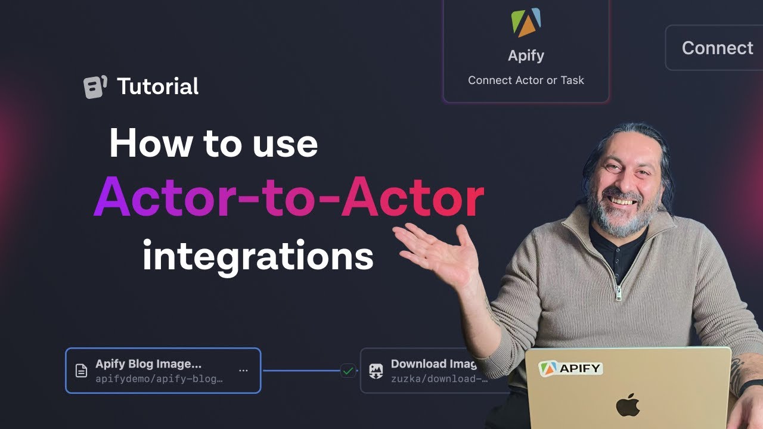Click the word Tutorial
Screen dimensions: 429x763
[x=158, y=87]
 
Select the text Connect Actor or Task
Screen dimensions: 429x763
[x=526, y=80]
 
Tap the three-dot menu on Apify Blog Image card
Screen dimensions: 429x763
[x=243, y=370]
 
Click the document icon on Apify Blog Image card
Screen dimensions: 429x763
[x=81, y=371]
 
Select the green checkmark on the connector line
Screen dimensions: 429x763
[x=348, y=371]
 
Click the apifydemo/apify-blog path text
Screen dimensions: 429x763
[x=159, y=379]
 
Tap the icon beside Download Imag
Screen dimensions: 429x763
[x=376, y=371]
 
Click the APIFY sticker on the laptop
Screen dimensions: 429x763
[x=570, y=368]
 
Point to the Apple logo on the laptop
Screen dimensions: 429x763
[x=628, y=405]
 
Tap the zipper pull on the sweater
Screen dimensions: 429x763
[x=619, y=293]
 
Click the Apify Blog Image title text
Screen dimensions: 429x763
[x=148, y=364]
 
